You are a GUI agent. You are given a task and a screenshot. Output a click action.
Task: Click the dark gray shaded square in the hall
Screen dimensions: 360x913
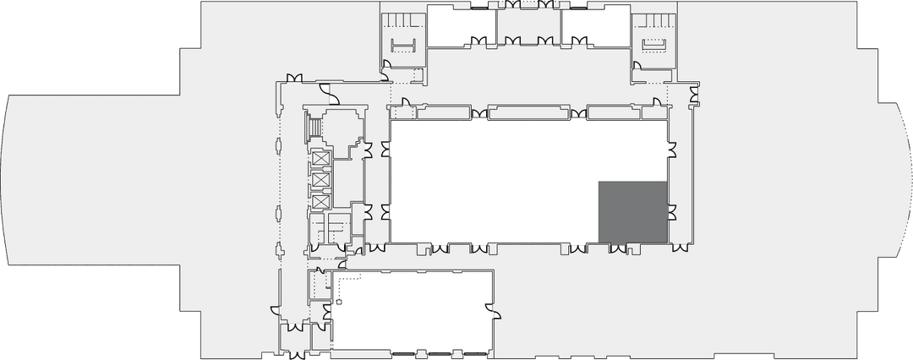click(x=633, y=211)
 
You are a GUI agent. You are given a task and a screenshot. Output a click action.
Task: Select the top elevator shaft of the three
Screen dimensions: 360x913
click(x=320, y=159)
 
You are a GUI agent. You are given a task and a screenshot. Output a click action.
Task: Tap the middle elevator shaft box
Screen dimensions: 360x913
click(x=320, y=180)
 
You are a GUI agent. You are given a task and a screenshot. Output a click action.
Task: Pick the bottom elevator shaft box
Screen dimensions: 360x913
click(x=320, y=201)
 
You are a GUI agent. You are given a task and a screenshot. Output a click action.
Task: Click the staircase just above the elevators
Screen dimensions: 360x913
click(x=315, y=127)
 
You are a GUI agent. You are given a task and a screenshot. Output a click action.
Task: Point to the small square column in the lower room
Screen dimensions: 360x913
click(x=338, y=301)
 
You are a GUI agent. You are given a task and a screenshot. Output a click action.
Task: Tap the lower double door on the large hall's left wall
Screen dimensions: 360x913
click(x=386, y=211)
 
